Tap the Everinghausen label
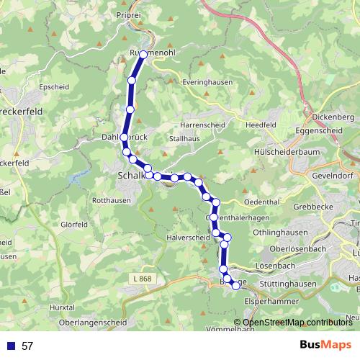point(204,83)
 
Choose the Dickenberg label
point(334,117)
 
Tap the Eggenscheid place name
point(320,130)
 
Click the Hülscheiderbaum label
point(287,153)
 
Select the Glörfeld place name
point(74,225)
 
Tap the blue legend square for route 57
point(11,346)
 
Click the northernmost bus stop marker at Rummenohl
point(143,55)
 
